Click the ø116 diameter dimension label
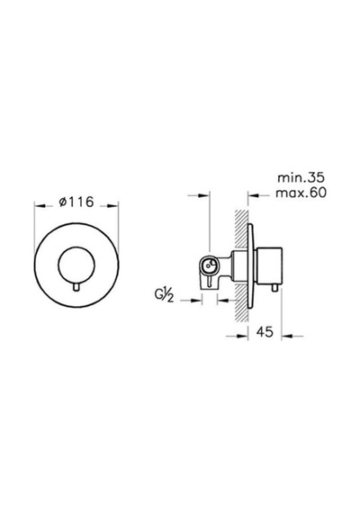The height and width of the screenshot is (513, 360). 76,202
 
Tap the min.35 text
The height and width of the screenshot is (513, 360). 301,177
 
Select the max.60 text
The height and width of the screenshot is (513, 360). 301,193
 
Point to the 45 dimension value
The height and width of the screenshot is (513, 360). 265,332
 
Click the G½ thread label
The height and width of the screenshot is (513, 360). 164,296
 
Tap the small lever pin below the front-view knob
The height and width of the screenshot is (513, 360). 76,287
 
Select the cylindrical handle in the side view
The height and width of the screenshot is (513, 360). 270,265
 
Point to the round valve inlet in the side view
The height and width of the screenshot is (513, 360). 209,265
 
